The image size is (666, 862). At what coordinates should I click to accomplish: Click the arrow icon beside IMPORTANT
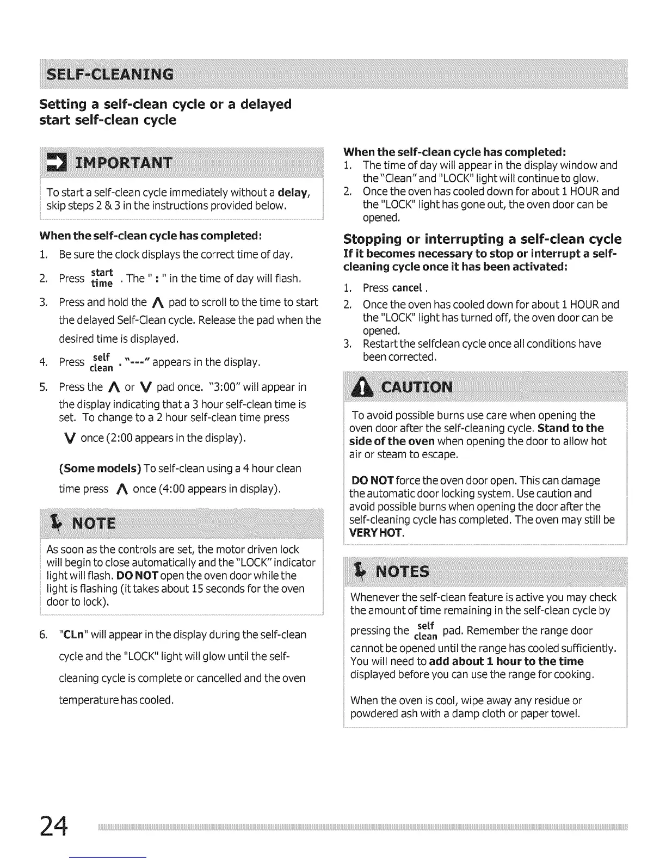54,162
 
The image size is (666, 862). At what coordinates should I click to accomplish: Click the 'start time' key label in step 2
102,277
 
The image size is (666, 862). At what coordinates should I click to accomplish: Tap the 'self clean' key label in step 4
101,362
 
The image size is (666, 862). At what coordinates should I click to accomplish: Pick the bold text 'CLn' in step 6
73,635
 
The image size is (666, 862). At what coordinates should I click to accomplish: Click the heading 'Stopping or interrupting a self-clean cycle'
482,239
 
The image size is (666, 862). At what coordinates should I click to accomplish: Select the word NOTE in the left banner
94,524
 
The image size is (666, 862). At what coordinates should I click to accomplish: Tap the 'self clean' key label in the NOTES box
426,631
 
